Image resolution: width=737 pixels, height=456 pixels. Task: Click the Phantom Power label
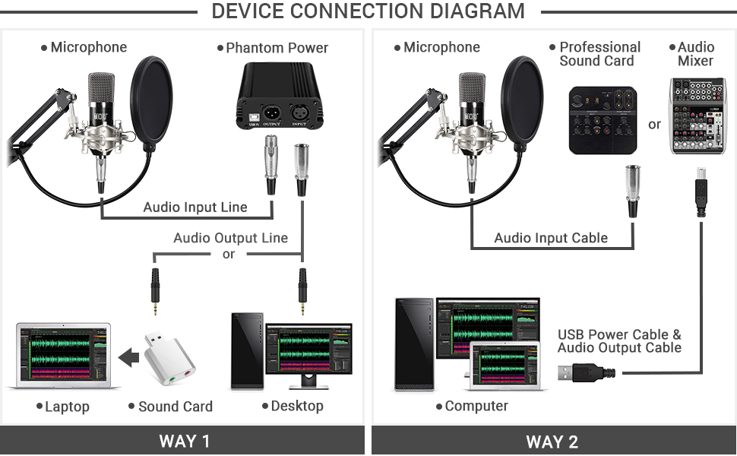click(277, 48)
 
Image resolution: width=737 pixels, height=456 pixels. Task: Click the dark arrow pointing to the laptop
click(130, 356)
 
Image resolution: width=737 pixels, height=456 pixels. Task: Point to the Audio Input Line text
click(195, 207)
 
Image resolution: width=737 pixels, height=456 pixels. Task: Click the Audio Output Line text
click(230, 238)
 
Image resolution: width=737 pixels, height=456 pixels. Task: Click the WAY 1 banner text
click(184, 442)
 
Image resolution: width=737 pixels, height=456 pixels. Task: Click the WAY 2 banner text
click(552, 442)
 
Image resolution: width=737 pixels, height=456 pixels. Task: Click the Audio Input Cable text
click(551, 238)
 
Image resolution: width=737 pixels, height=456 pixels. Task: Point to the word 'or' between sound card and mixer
click(654, 124)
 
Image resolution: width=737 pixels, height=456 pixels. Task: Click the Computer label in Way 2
click(476, 406)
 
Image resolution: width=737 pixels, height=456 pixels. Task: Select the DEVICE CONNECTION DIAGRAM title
click(368, 11)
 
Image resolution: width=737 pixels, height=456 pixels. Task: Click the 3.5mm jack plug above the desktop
click(302, 292)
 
